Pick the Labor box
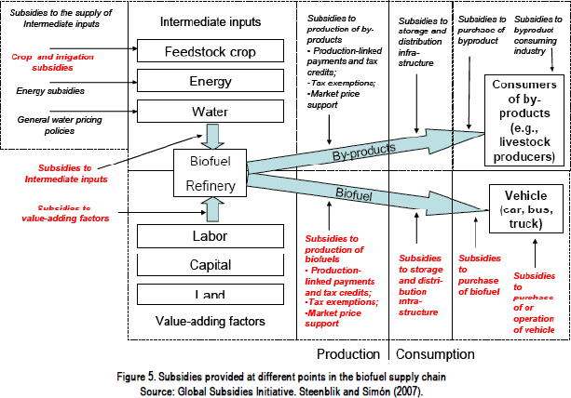pyautogui.click(x=210, y=235)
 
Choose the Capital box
pyautogui.click(x=210, y=265)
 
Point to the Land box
pyautogui.click(x=210, y=294)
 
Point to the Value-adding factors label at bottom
pyautogui.click(x=210, y=322)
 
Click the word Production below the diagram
pyautogui.click(x=347, y=354)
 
